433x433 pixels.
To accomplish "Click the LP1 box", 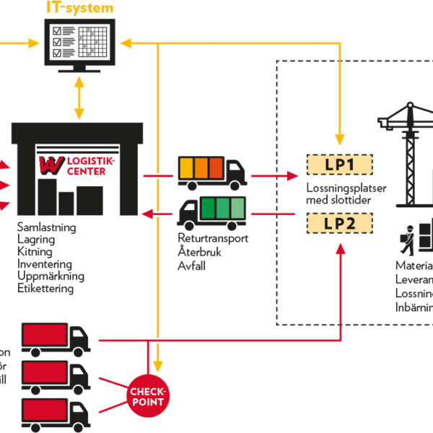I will tap(339, 165).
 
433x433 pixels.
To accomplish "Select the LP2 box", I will tap(339, 223).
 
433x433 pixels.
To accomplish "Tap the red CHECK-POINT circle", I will tap(148, 396).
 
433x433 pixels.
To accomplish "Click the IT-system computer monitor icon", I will tap(79, 42).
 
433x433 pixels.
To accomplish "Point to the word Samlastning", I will tap(47, 227).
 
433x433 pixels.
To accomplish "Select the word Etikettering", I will tap(45, 288).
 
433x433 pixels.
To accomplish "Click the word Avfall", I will tap(192, 265).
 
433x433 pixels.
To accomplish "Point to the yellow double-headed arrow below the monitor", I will tap(79, 97).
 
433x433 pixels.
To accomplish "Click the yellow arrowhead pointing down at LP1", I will tap(339, 138).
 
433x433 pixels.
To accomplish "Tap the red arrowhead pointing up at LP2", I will tap(339, 250).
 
